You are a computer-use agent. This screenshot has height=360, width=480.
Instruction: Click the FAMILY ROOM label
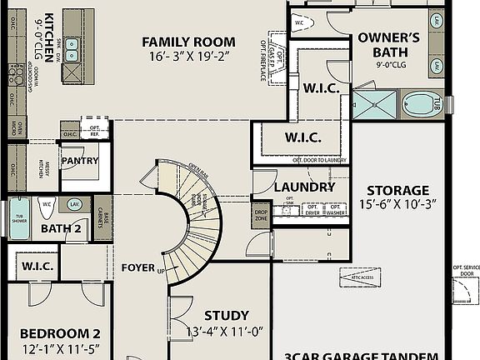coord(187,42)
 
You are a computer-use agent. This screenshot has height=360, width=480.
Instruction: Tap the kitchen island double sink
coord(72,50)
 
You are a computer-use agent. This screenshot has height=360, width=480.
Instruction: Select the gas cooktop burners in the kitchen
coord(17,77)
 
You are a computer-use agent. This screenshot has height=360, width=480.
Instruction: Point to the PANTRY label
coord(80,161)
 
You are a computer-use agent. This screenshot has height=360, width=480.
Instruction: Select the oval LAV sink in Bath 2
coord(75,204)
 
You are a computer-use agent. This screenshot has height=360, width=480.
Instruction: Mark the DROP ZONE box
coord(262,214)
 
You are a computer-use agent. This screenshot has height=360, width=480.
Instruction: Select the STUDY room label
coord(226,316)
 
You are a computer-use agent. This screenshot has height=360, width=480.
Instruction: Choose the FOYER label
coord(137,268)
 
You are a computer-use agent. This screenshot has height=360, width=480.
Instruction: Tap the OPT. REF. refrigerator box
coord(95,129)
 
